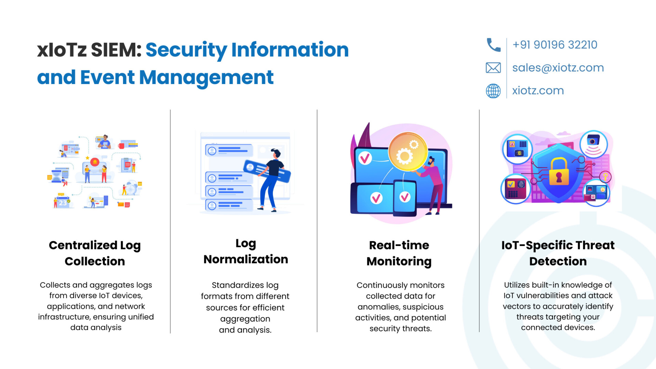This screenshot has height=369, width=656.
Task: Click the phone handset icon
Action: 493,45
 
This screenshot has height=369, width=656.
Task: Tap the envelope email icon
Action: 493,68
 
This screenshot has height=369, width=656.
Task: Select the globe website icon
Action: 493,91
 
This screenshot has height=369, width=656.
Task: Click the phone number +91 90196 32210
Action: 555,45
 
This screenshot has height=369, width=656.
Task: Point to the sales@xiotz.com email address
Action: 558,68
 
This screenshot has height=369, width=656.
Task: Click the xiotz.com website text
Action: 538,91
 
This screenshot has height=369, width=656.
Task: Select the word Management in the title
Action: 206,78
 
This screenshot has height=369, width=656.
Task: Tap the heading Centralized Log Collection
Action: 95,253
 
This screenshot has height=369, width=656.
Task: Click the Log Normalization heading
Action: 246,251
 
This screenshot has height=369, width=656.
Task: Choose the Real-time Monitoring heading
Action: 399,253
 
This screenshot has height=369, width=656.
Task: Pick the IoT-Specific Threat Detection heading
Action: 558,253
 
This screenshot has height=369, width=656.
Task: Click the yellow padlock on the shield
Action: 559,172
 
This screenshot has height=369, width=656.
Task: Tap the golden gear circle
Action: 408,151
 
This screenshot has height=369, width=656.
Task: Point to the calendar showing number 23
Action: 63,202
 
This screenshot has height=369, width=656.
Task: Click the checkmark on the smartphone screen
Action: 405,197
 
